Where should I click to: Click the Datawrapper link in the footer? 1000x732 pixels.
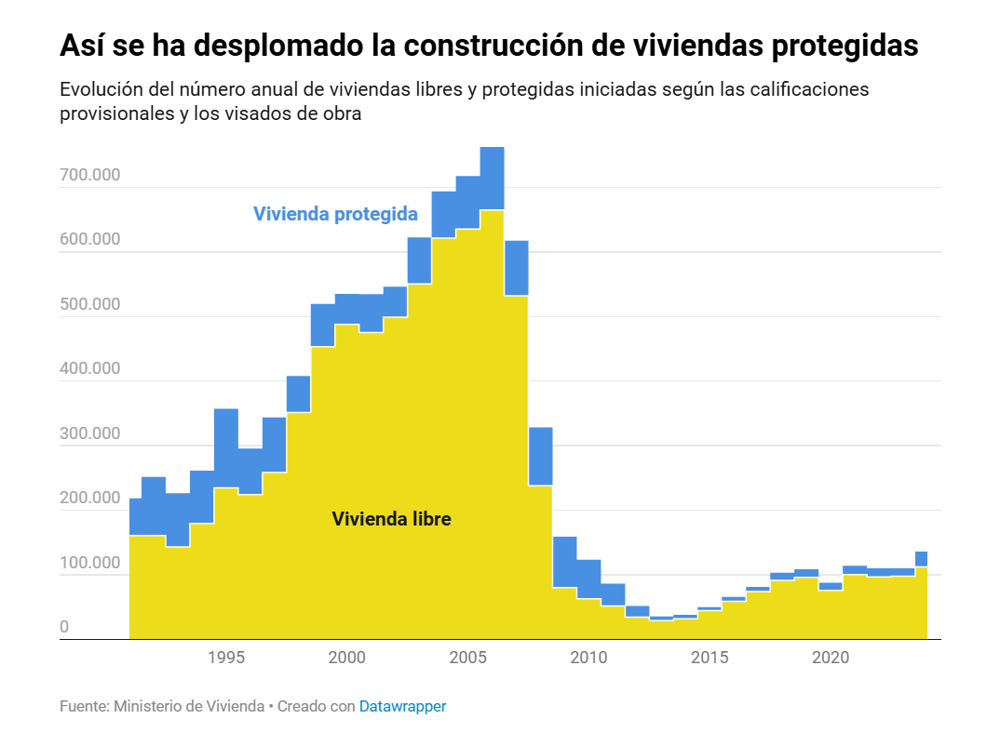tap(402, 706)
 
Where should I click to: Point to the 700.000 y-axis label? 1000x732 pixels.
tap(90, 175)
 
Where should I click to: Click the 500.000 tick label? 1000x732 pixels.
tap(90, 304)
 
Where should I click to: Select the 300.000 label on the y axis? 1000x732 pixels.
tap(90, 433)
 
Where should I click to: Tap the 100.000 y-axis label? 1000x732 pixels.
tap(90, 563)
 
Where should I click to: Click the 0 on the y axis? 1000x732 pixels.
tap(64, 627)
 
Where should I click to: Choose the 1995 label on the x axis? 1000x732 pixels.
tap(226, 658)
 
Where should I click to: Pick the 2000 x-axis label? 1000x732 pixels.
tap(347, 658)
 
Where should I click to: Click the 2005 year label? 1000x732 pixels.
tap(468, 658)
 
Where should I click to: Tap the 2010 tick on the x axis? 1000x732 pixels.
tap(588, 658)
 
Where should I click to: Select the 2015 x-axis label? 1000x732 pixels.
tap(709, 658)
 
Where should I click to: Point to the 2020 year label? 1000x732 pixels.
tap(831, 658)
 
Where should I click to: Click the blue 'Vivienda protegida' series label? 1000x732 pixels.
tap(335, 214)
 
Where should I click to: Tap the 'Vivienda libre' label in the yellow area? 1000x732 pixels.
tap(391, 519)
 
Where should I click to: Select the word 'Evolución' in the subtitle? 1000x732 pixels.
tap(99, 90)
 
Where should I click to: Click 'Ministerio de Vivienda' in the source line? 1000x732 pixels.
tap(189, 706)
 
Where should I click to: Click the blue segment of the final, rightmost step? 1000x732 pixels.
tap(921, 559)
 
